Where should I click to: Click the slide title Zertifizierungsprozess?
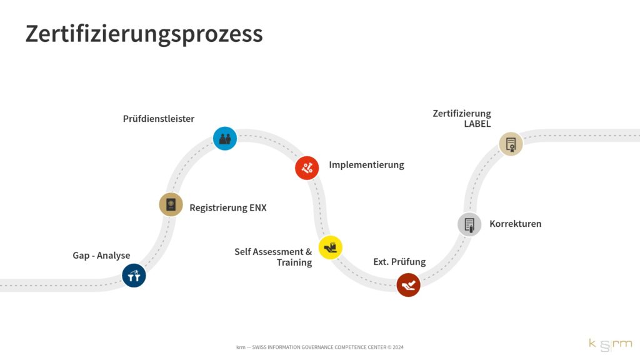tap(144, 33)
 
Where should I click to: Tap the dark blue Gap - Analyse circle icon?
tap(134, 275)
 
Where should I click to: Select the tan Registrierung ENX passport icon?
tap(171, 204)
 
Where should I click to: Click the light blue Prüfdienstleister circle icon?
tap(225, 138)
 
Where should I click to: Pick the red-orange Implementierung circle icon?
tap(307, 167)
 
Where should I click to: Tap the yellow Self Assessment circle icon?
tap(331, 247)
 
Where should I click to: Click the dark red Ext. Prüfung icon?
tap(408, 285)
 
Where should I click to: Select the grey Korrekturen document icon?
tap(469, 224)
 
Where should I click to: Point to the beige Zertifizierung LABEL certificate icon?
tap(511, 144)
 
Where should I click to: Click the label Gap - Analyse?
tap(101, 255)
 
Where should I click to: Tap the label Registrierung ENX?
tap(228, 207)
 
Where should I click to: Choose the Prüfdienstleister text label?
tap(159, 119)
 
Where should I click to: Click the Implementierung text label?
tap(366, 165)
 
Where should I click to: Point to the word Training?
tap(294, 262)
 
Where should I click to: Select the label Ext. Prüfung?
tap(399, 262)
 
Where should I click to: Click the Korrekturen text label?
tap(515, 224)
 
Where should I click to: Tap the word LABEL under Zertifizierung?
tap(477, 124)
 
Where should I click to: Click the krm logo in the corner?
tap(610, 343)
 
